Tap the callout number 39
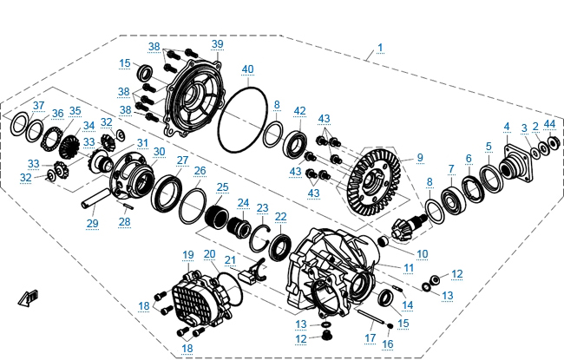tap(217, 43)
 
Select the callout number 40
tap(247, 69)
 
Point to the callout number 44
tap(549, 124)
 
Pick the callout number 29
tap(92, 223)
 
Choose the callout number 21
tap(229, 259)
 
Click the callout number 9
tap(419, 157)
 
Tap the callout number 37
tap(38, 106)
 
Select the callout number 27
tap(182, 160)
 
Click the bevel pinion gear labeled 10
tap(407, 226)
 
